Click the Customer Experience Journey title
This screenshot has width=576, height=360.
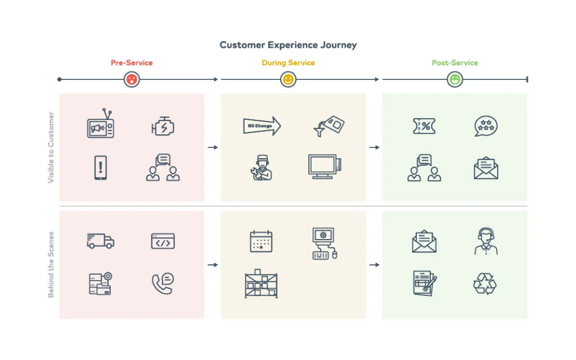[x=288, y=45]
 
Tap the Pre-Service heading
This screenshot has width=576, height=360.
[x=132, y=63]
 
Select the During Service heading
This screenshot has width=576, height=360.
[x=288, y=63]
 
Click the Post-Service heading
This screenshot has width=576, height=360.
[x=454, y=63]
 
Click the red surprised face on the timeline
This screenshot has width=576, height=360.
[x=132, y=79]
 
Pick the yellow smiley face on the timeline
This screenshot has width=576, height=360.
[x=288, y=79]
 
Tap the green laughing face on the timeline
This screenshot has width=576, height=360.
[x=454, y=79]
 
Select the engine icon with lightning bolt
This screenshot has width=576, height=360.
[x=163, y=127]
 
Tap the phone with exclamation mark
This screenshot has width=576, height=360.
[x=101, y=168]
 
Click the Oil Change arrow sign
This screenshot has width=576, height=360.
[x=262, y=126]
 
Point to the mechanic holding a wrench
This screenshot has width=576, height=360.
[x=262, y=168]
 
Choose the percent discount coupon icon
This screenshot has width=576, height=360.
[x=424, y=127]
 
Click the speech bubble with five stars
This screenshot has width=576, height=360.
[x=485, y=127]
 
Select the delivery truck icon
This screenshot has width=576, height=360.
[x=100, y=241]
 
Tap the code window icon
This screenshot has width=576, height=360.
[x=163, y=241]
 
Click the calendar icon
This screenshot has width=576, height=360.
[x=261, y=241]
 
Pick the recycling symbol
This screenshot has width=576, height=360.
[x=485, y=283]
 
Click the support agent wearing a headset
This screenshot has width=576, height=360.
[x=485, y=241]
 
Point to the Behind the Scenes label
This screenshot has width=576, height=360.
[x=51, y=264]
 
